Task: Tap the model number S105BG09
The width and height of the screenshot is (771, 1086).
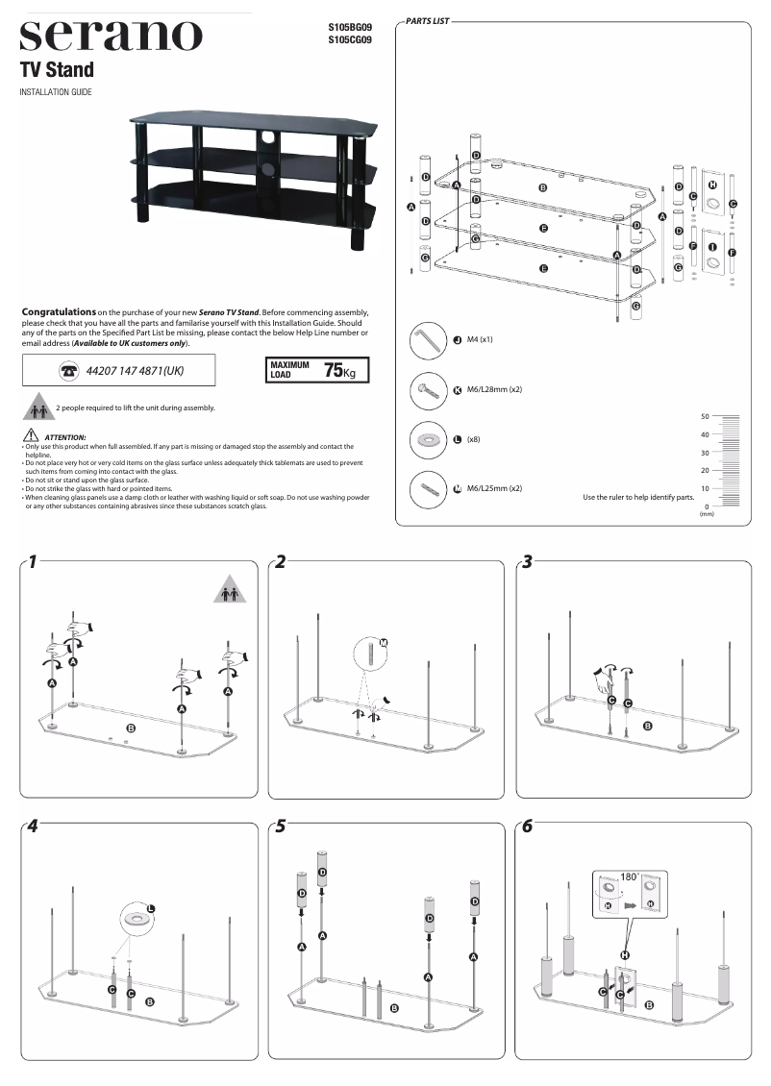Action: click(x=350, y=28)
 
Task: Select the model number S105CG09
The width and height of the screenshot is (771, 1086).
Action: click(x=350, y=40)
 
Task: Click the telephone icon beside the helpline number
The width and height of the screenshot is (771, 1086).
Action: click(x=68, y=370)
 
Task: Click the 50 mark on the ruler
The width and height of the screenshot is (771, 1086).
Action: click(x=705, y=417)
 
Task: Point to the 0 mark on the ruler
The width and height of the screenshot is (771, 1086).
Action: click(x=707, y=506)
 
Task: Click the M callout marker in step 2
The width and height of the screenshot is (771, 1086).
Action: click(x=383, y=641)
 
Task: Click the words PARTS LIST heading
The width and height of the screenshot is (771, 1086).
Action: click(x=428, y=19)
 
